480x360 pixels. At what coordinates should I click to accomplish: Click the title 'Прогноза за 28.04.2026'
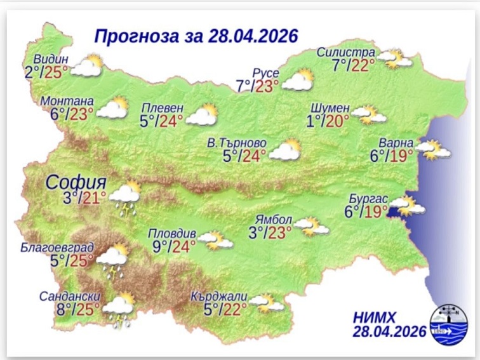pyautogui.click(x=196, y=35)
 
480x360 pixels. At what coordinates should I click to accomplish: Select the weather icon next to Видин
pyautogui.click(x=87, y=66)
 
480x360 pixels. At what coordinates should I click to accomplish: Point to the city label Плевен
pyautogui.click(x=163, y=107)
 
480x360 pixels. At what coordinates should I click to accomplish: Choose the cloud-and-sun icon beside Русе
pyautogui.click(x=298, y=81)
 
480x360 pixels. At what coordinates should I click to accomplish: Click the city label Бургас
pyautogui.click(x=368, y=197)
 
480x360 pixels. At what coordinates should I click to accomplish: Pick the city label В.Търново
pyautogui.click(x=237, y=142)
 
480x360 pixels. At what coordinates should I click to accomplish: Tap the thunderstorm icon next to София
pyautogui.click(x=125, y=198)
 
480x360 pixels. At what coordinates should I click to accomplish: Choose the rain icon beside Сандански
pyautogui.click(x=119, y=310)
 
